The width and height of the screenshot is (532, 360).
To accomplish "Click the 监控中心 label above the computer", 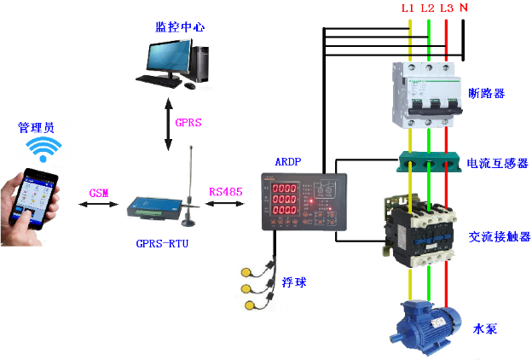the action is tap(180, 26).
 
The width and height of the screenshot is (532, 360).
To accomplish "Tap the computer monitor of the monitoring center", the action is tap(169, 58).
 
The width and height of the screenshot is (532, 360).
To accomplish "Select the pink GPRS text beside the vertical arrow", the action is tap(188, 122).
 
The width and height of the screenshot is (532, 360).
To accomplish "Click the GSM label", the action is tap(99, 193).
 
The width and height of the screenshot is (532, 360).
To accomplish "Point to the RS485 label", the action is tap(226, 192).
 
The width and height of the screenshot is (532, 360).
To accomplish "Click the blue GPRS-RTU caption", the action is tap(162, 243).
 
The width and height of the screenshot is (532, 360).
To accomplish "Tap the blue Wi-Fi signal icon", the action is tap(43, 148).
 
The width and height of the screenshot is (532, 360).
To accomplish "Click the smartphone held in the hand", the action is tap(33, 199).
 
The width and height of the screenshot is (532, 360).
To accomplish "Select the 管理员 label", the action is tap(36, 127).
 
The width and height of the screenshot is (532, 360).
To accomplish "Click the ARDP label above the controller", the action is tap(287, 162).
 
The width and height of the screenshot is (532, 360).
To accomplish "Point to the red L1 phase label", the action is tap(408, 8).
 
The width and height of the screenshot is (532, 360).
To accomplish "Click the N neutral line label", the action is tap(464, 8).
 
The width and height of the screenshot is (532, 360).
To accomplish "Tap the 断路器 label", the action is tap(487, 93).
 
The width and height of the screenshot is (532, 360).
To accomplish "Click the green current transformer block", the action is tap(429, 162).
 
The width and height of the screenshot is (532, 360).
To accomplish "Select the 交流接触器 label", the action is tap(499, 236).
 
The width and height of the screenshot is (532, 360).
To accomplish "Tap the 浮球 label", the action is tap(294, 282).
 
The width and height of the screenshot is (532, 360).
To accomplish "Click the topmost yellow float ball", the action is tap(246, 272).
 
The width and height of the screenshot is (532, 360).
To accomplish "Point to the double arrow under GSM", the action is tap(98, 204).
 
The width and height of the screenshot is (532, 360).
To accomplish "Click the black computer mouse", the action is tap(189, 85).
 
